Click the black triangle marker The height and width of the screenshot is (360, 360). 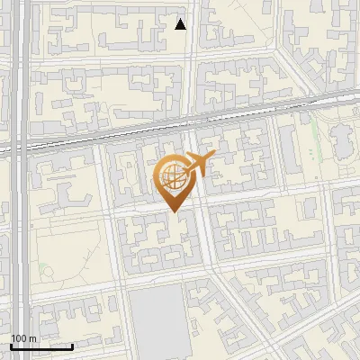[x=181, y=24]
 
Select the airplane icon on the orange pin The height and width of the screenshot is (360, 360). [x=199, y=164]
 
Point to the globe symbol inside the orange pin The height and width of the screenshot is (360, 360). [x=171, y=177]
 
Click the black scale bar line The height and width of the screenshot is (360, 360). [x=41, y=346]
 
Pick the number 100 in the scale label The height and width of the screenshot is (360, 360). [x=20, y=338]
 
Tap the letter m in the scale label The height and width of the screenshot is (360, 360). [x=33, y=338]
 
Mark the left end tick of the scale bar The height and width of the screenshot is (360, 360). [x=11, y=345]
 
